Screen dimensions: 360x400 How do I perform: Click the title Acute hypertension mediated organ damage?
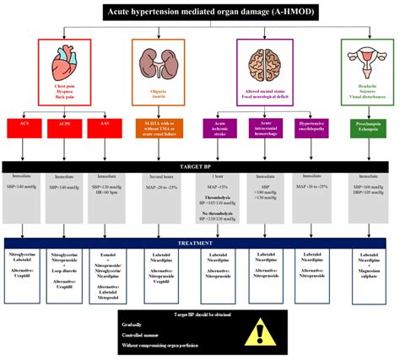tap(199, 11)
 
